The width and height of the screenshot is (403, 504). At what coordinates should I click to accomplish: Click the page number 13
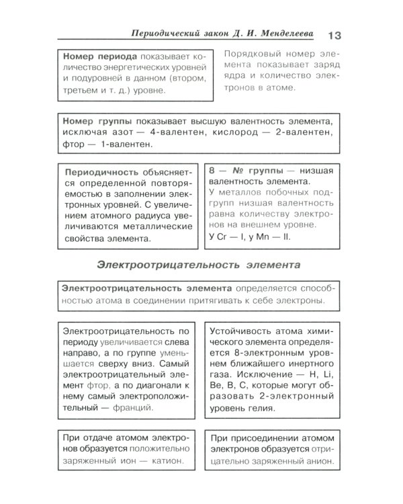point(335,35)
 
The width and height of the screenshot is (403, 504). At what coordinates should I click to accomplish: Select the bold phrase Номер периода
point(98,57)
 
